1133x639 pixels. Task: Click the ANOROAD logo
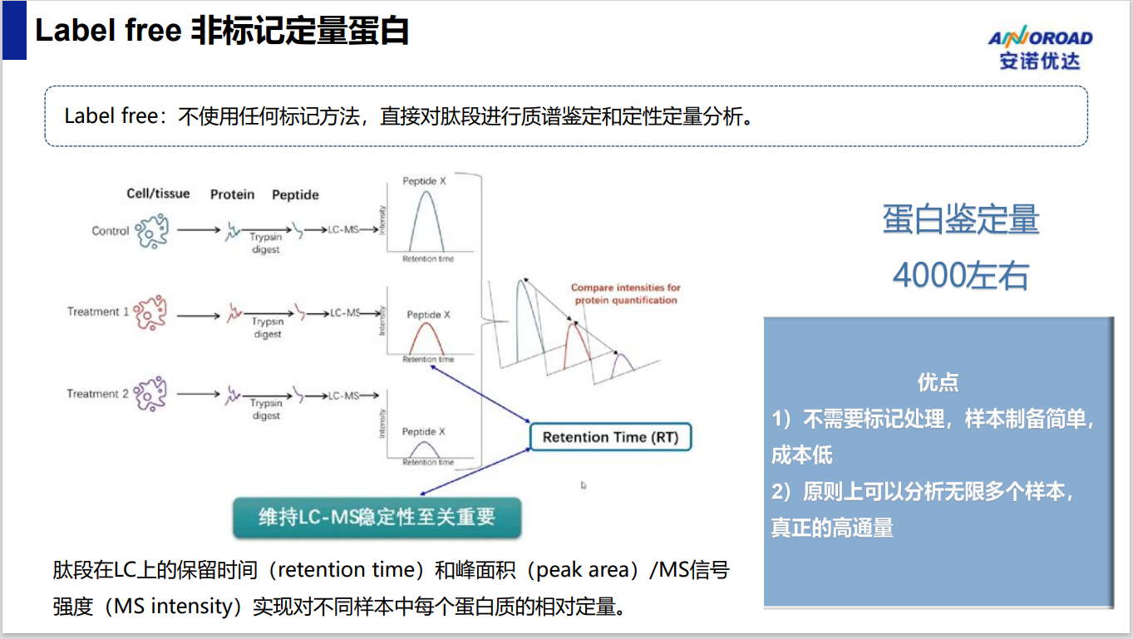1040,47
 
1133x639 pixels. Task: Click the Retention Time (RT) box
610,437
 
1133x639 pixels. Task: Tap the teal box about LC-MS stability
377,517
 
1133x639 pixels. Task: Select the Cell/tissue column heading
158,194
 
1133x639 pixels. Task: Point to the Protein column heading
232,194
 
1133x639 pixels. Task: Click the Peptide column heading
295,194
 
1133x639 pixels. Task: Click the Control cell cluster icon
152,231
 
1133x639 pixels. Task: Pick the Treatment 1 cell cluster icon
150,312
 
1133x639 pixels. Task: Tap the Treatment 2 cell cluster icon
150,393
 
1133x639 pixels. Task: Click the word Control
111,231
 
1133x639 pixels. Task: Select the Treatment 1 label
98,312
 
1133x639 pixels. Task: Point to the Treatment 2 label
97,393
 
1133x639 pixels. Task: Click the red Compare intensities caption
626,293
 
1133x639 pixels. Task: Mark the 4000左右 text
961,276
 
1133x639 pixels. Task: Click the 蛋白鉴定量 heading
961,219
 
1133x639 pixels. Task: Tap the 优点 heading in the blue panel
938,382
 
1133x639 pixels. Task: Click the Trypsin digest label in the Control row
265,243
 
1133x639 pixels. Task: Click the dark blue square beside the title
14,31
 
